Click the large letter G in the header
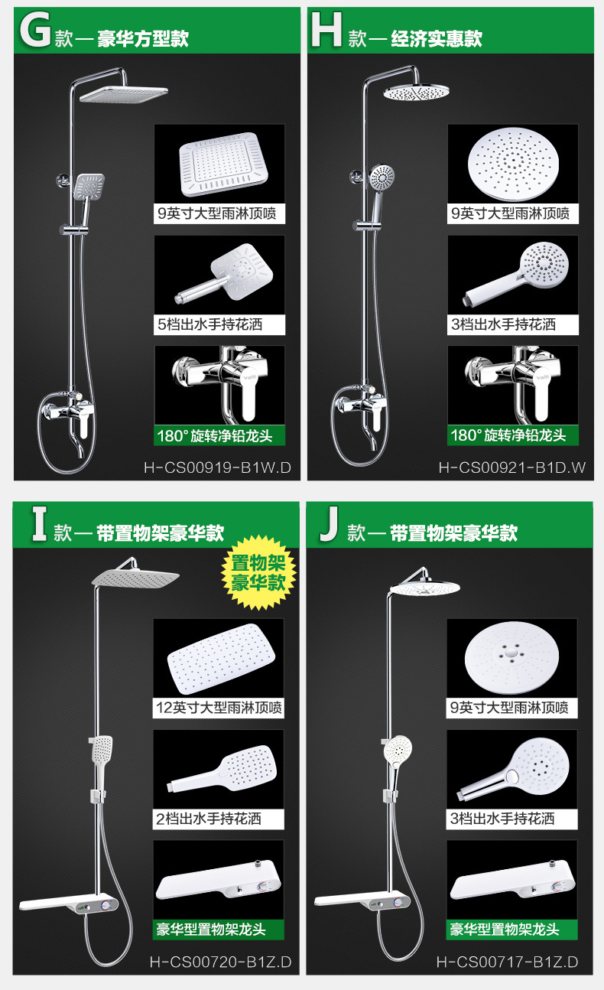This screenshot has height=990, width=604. click(35, 29)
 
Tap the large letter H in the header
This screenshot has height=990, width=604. click(326, 29)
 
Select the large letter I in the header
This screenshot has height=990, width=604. click(39, 524)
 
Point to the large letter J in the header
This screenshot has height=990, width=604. click(330, 524)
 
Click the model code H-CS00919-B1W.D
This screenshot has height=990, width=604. click(217, 467)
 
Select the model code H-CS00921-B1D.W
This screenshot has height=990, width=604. click(512, 467)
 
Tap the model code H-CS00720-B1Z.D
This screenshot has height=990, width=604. click(220, 962)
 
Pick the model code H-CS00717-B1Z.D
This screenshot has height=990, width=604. click(508, 962)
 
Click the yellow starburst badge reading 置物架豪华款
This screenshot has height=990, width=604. click(258, 572)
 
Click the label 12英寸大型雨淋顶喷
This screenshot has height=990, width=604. click(219, 708)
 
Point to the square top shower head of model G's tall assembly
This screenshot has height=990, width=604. click(124, 94)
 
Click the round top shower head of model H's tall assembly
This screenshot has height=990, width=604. click(417, 93)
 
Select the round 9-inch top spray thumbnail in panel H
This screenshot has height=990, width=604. click(513, 164)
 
